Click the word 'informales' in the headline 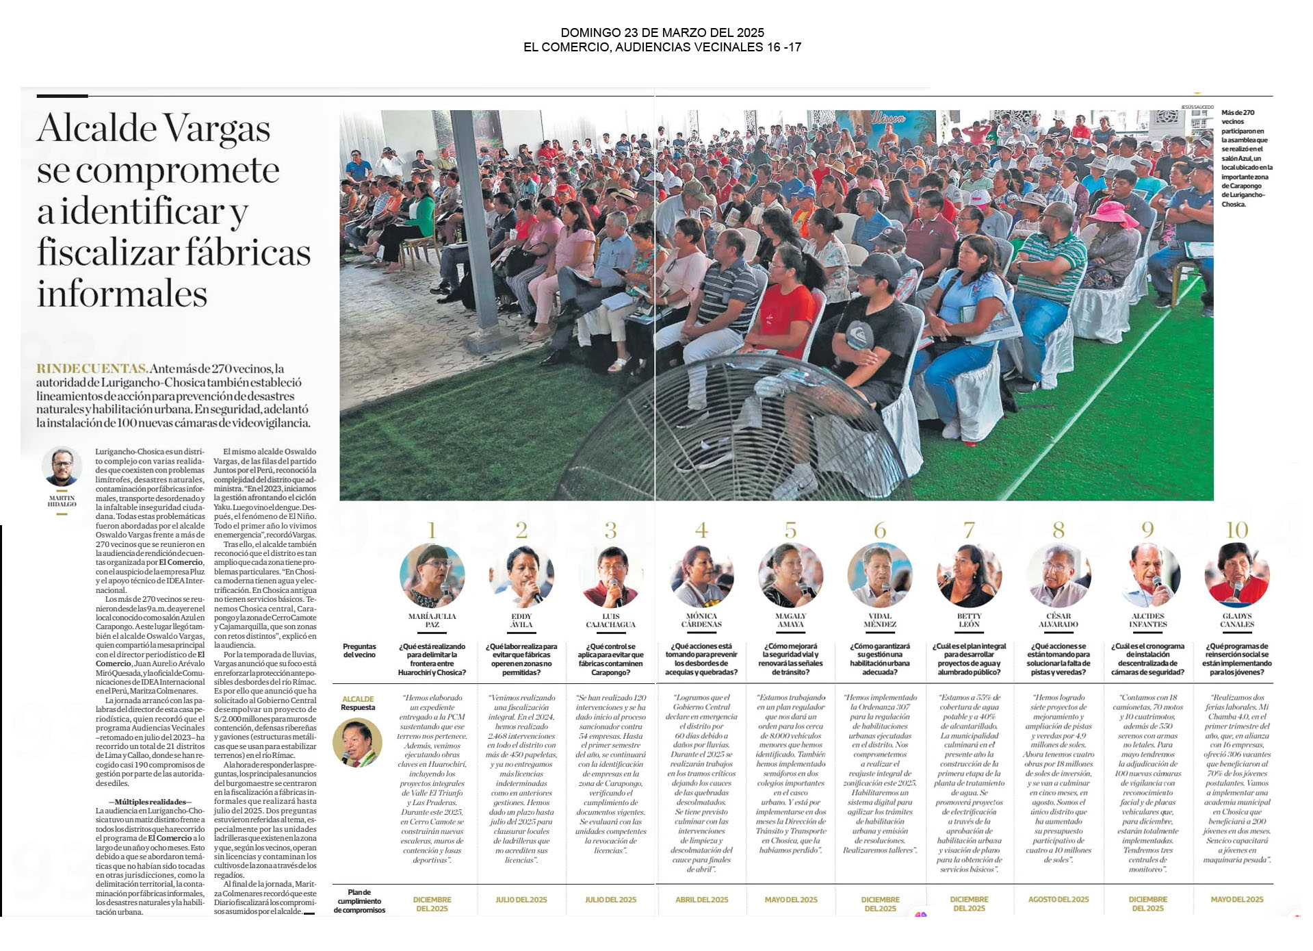[x=122, y=294]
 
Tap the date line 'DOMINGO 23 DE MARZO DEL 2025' [x=662, y=33]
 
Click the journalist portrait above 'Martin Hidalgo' [x=62, y=466]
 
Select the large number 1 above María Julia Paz [x=432, y=530]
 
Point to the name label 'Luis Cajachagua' [x=610, y=620]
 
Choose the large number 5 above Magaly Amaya [x=791, y=530]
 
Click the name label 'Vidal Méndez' [x=880, y=620]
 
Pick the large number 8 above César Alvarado [x=1058, y=530]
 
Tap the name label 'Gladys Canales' [x=1237, y=620]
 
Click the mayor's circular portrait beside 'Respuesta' [x=357, y=742]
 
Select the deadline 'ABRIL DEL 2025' [x=701, y=900]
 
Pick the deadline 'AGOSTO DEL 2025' [x=1058, y=900]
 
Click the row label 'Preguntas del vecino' [x=359, y=650]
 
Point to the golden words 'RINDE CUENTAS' [x=92, y=369]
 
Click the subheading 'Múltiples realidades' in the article [x=150, y=802]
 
